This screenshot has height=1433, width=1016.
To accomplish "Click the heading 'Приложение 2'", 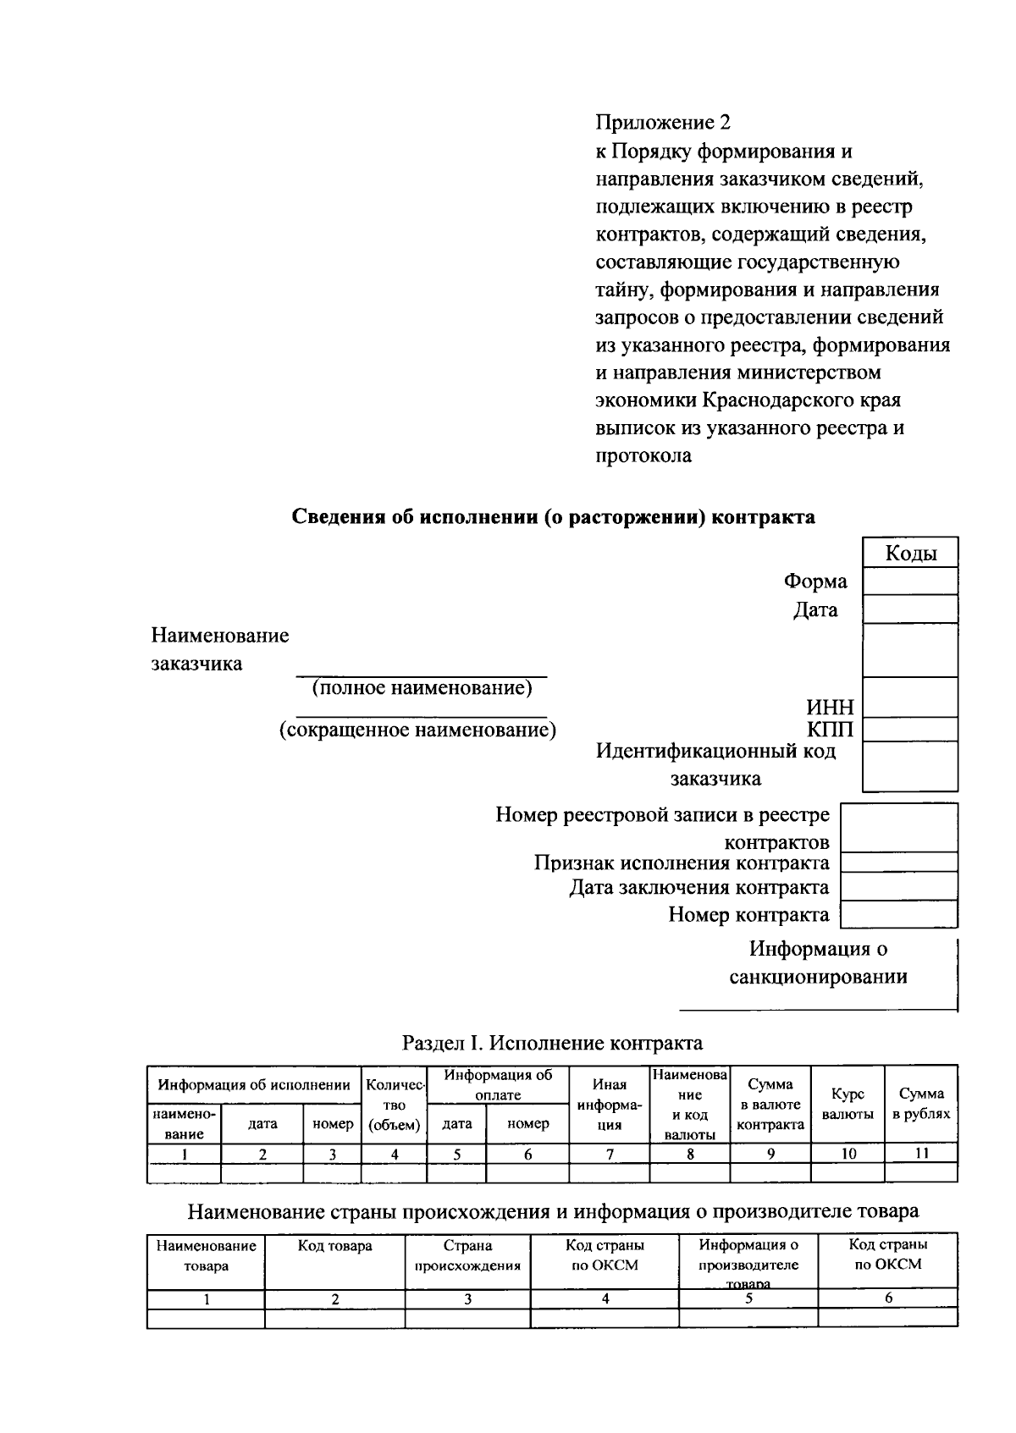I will pos(662,124).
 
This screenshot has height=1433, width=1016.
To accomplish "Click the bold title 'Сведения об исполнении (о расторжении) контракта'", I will pos(554,517).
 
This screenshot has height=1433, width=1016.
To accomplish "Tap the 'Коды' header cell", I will pos(910,554).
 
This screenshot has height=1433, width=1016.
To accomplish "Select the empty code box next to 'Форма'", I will pos(910,581).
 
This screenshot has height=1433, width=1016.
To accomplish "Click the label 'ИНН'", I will pos(830,708).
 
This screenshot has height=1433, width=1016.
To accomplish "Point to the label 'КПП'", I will pos(830,730).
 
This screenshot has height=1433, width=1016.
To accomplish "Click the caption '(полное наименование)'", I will pos(422,688).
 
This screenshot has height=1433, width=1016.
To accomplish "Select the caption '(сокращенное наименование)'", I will pos(418,730).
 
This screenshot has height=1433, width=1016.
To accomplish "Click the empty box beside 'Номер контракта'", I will pos(898,914).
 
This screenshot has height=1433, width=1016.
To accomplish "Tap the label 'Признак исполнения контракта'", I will pos(682,863).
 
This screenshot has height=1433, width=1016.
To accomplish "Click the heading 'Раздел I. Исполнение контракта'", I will pos(552,1043).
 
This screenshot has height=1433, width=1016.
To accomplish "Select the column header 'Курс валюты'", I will pos(848,1104).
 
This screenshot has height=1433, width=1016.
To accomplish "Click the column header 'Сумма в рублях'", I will pos(921,1104).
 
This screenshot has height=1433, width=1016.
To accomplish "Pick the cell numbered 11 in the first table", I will pos(921,1154).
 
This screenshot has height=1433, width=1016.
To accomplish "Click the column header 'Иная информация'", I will pos(610,1105).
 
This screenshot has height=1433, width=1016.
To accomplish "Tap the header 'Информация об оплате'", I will pos(498,1085).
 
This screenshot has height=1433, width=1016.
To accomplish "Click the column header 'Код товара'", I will pos(334,1246).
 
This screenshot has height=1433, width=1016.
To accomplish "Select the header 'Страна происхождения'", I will pos(467,1256).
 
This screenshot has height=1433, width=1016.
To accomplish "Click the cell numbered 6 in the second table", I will pos(887,1298).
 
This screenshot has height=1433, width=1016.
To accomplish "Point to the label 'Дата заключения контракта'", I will pos(698,888).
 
